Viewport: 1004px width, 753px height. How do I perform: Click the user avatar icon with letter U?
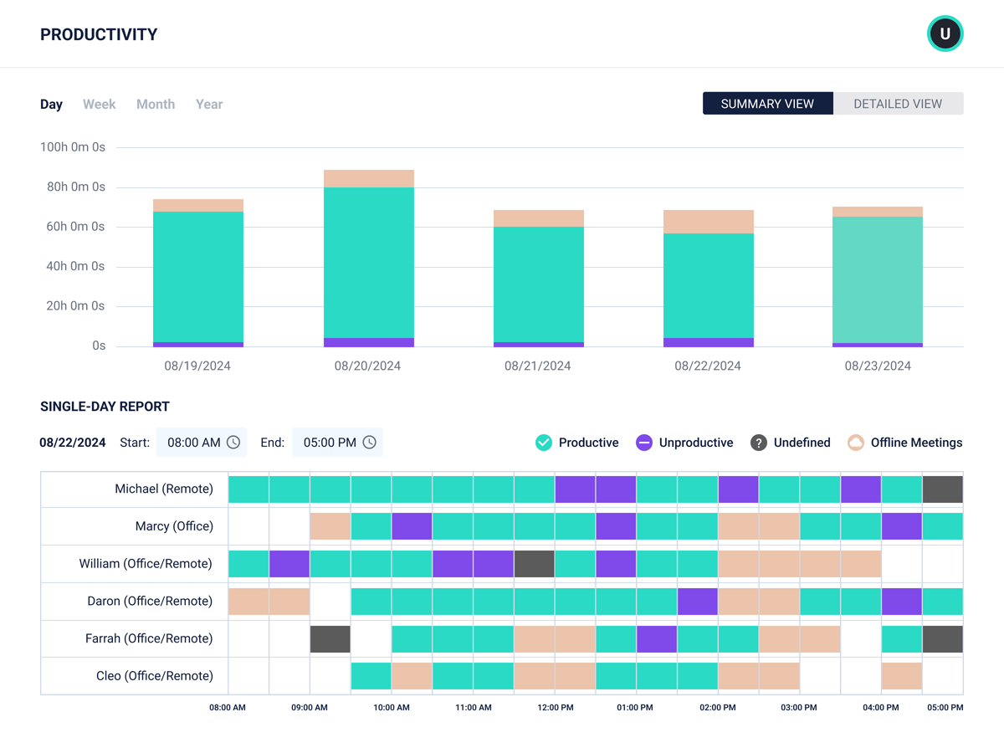(945, 34)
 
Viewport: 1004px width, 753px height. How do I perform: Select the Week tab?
(99, 105)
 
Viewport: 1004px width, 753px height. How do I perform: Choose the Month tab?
(156, 105)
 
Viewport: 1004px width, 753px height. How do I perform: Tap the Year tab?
(209, 105)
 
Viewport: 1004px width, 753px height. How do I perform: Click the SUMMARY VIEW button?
(767, 104)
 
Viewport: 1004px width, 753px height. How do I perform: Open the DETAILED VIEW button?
(898, 104)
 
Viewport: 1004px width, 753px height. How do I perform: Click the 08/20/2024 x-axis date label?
(367, 366)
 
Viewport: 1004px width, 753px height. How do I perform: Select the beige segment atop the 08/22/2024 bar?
(708, 222)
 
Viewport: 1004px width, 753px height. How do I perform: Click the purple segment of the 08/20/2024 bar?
(368, 342)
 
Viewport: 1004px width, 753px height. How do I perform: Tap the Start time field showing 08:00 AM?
(202, 443)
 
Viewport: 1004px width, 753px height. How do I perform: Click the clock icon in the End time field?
(369, 443)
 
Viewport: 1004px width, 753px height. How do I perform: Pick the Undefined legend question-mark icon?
(758, 443)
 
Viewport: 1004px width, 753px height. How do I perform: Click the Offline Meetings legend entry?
(904, 443)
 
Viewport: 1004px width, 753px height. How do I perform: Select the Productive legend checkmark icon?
(544, 443)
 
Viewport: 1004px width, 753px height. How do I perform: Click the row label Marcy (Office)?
(174, 526)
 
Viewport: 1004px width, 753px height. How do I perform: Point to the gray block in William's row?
(534, 564)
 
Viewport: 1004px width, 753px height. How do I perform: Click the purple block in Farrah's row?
(657, 639)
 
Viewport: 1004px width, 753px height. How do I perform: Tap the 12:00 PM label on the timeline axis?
(555, 708)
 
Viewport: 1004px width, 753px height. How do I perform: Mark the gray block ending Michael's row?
(942, 489)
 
